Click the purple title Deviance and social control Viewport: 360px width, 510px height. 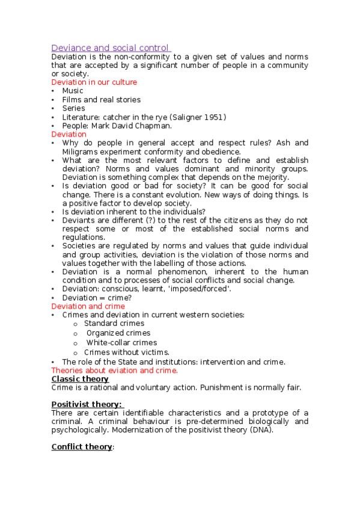(x=111, y=48)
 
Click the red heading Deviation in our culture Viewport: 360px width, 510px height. (x=94, y=82)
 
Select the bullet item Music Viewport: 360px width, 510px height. (x=73, y=91)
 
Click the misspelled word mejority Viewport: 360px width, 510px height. (x=273, y=177)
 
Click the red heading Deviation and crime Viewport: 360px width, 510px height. (x=88, y=306)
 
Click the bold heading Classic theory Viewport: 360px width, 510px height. (x=80, y=379)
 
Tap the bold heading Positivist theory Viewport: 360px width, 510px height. (x=87, y=404)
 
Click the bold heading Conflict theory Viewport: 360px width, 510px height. (x=82, y=447)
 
